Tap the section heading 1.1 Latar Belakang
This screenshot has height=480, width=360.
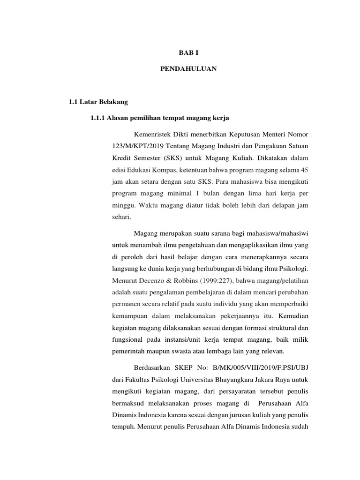coord(98,102)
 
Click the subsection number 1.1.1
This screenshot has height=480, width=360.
coord(98,117)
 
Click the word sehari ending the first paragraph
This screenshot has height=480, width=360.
coord(121,217)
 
